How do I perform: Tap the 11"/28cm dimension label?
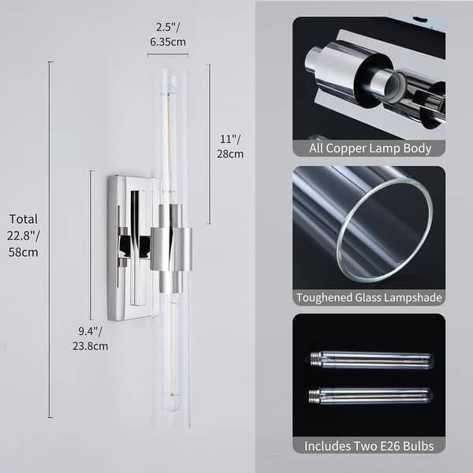click(231, 147)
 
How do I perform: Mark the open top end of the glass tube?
click(170, 72)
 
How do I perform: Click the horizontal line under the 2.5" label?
click(168, 54)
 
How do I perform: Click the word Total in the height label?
click(24, 219)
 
